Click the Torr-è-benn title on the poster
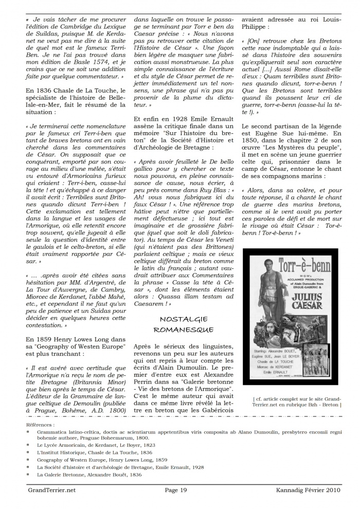(291, 268)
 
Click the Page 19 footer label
(175, 490)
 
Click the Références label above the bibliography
(41, 425)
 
